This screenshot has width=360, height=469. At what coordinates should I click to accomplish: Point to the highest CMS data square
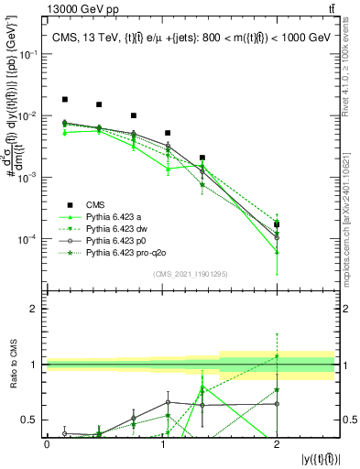65,99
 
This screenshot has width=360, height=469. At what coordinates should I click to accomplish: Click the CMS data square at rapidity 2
277,224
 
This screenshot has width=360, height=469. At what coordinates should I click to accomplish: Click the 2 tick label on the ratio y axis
36,309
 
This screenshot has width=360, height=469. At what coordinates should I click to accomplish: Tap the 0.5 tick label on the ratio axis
31,420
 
